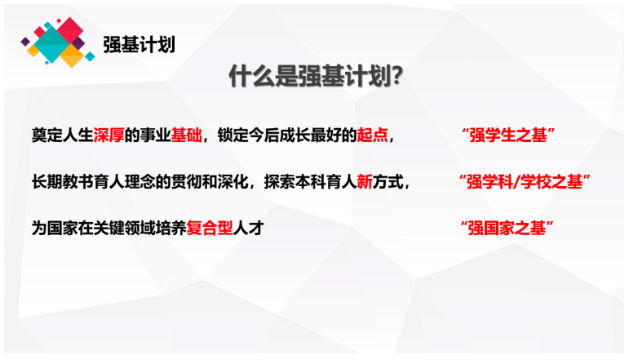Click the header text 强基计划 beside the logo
[139, 45]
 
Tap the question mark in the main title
[396, 76]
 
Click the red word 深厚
[109, 136]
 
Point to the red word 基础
[186, 136]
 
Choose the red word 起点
[372, 136]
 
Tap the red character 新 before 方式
[365, 182]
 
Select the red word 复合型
[210, 229]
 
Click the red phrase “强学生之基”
[508, 136]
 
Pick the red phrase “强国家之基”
[507, 229]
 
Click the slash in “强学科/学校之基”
[516, 182]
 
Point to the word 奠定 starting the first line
[47, 136]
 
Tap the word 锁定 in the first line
[233, 136]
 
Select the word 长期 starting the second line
[47, 182]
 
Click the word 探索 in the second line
[279, 182]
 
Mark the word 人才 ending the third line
[248, 229]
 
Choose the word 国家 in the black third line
[62, 229]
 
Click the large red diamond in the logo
[70, 30]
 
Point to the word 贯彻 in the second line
[186, 182]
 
